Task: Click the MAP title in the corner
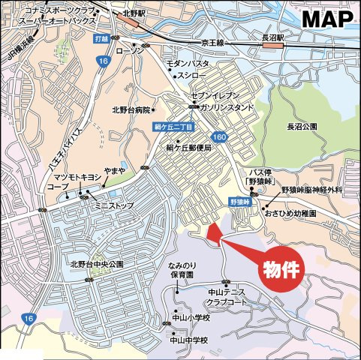(327, 19)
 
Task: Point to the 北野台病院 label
(131, 110)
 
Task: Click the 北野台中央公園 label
(98, 264)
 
